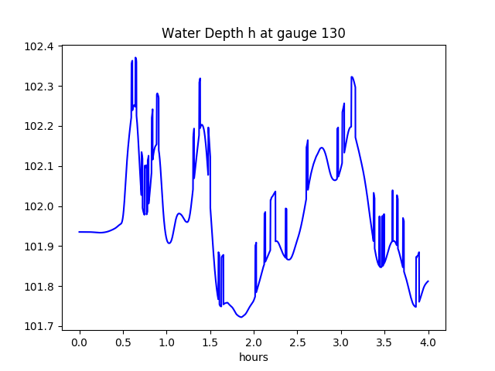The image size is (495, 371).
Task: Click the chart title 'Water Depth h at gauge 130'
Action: tap(253, 33)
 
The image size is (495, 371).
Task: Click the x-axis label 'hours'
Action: tap(254, 357)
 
